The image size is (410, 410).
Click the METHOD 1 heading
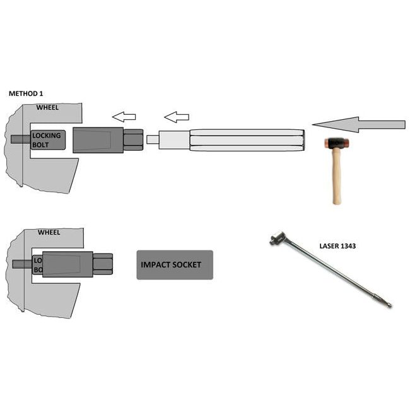26,93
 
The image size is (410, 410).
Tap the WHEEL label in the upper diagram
47,107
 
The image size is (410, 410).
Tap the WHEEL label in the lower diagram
49,232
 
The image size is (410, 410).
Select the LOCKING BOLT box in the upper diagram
48,140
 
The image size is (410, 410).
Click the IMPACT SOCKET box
175,265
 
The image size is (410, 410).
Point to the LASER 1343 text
337,246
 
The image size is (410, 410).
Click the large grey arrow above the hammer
359,124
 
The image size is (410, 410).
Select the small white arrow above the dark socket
124,117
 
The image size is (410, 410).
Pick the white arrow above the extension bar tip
177,117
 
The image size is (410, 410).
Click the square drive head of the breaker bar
277,238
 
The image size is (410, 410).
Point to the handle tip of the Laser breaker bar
389,305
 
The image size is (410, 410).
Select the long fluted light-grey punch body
247,140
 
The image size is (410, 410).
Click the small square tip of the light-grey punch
153,139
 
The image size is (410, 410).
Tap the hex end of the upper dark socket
133,140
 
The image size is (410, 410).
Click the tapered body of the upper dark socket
98,140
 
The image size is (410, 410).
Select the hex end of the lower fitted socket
103,264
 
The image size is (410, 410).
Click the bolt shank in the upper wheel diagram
21,139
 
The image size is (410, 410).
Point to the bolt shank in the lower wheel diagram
23,264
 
